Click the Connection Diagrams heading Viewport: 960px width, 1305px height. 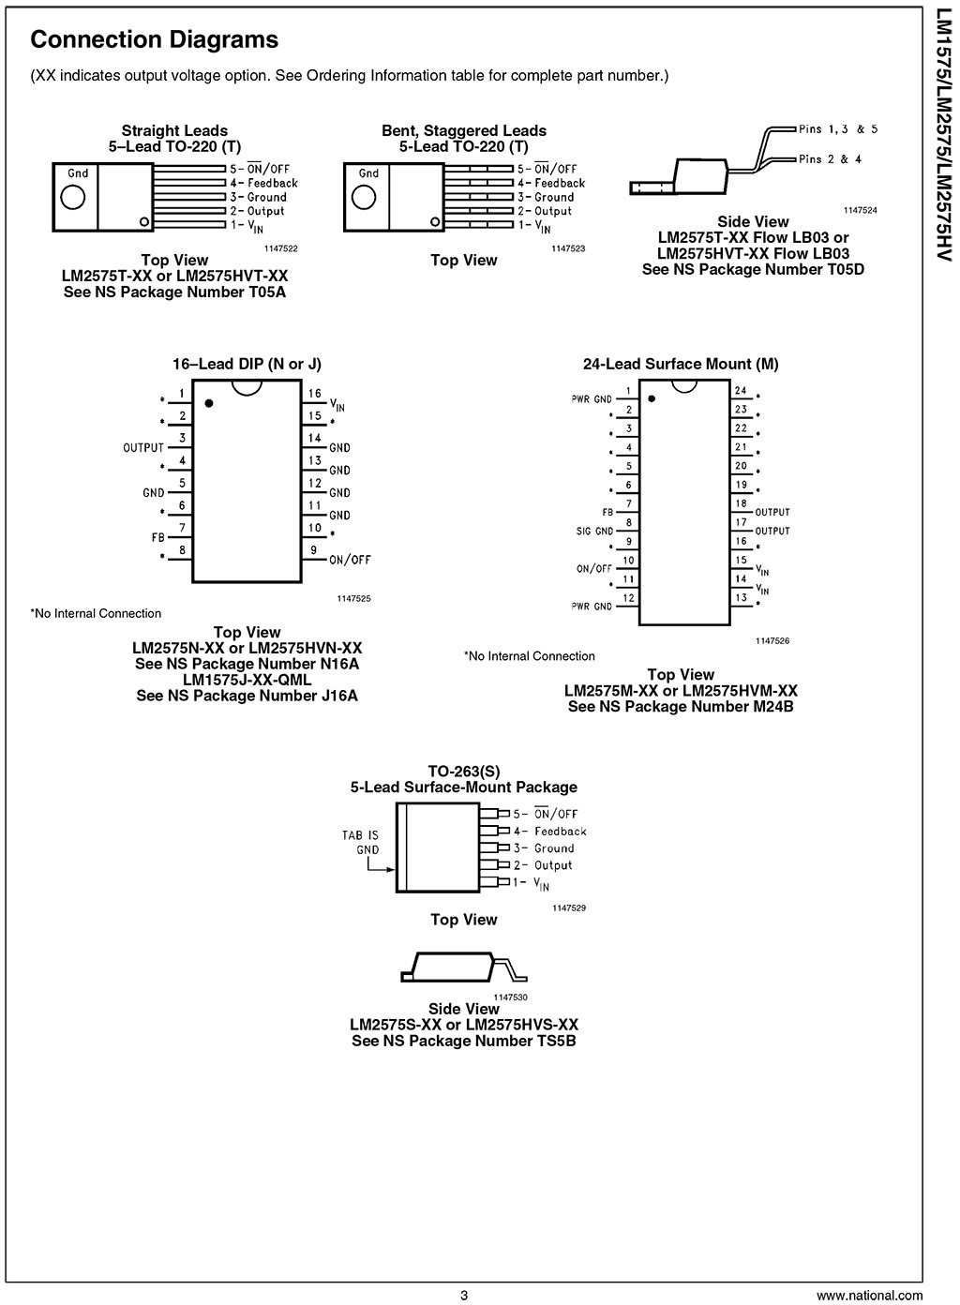pyautogui.click(x=154, y=40)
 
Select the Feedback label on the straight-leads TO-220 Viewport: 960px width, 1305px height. pyautogui.click(x=272, y=183)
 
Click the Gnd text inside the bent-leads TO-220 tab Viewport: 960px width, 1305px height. pyautogui.click(x=368, y=173)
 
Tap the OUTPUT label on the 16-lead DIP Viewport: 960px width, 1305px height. pyautogui.click(x=143, y=447)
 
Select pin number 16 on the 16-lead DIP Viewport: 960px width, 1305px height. pyautogui.click(x=315, y=394)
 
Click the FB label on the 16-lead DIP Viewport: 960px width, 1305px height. pyautogui.click(x=157, y=538)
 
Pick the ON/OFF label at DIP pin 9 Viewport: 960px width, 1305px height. pyautogui.click(x=350, y=560)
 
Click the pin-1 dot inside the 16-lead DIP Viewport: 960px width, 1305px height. pyautogui.click(x=209, y=403)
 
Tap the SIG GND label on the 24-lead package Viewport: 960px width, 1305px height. pyautogui.click(x=593, y=532)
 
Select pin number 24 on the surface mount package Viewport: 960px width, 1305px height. pyautogui.click(x=741, y=390)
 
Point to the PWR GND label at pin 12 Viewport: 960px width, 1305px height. pyautogui.click(x=592, y=607)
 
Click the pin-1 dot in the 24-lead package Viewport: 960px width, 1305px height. pyautogui.click(x=652, y=398)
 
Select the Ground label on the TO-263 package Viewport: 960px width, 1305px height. pyautogui.click(x=554, y=848)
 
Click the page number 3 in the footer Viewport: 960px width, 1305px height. pyautogui.click(x=463, y=1296)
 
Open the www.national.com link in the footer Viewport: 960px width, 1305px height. pyautogui.click(x=868, y=1296)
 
